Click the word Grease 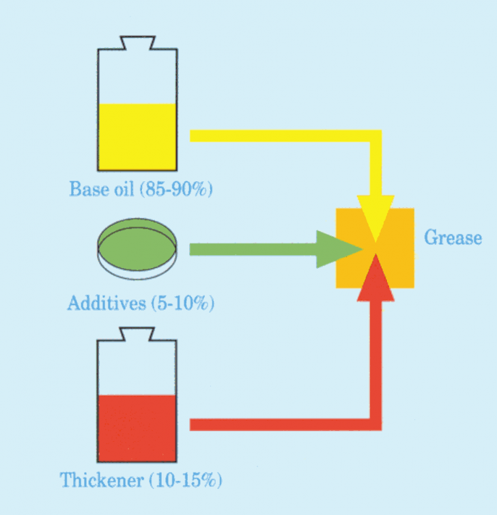[x=453, y=237]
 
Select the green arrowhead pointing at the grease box [x=338, y=249]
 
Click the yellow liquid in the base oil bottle [x=137, y=137]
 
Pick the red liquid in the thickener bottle [x=137, y=428]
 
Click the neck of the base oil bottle [x=138, y=42]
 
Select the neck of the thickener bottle [x=137, y=334]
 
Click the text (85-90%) [x=176, y=189]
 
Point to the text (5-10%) [x=182, y=303]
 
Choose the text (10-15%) [x=186, y=480]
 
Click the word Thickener [x=102, y=479]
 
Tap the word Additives [x=106, y=302]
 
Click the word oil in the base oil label [x=124, y=189]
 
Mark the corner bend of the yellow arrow [x=375, y=136]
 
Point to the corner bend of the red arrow [x=375, y=424]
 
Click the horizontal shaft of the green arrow [x=253, y=249]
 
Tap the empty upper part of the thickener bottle [x=137, y=368]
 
